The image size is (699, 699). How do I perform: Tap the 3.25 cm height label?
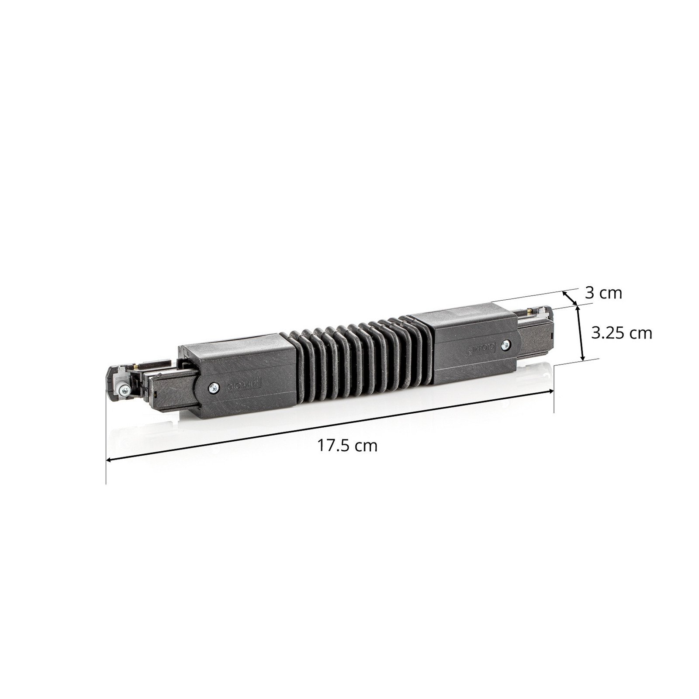621,333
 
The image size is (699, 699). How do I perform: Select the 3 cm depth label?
603,293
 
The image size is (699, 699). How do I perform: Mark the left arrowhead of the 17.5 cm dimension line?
109,459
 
